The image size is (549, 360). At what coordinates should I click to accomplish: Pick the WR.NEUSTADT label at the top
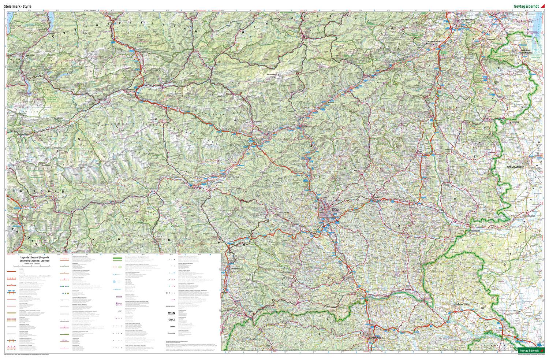point(462,16)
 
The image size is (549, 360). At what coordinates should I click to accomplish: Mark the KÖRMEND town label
point(530,216)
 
